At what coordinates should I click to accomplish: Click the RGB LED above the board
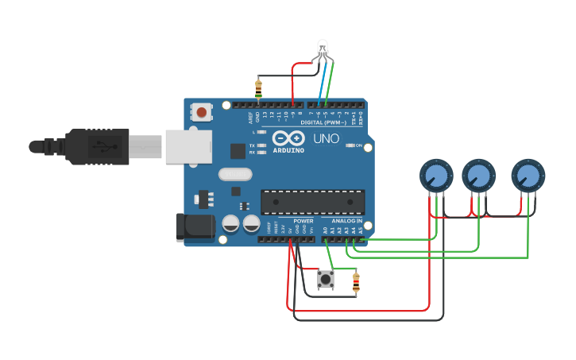[x=322, y=48]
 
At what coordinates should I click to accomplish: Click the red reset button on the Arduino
[x=202, y=113]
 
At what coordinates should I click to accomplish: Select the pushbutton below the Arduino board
[x=326, y=279]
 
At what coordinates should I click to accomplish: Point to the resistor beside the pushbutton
[x=355, y=281]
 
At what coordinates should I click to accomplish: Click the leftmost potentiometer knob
[x=435, y=175]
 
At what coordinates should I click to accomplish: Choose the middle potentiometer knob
[x=478, y=175]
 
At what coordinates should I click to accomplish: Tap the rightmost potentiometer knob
[x=528, y=175]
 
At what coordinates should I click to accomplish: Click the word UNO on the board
[x=327, y=139]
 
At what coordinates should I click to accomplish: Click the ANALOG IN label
[x=347, y=221]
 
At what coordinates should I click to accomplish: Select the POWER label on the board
[x=303, y=221]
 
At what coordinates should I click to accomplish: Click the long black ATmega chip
[x=312, y=202]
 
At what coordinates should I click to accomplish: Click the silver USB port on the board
[x=190, y=147]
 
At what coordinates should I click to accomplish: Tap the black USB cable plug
[x=95, y=147]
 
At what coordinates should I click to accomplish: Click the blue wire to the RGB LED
[x=320, y=83]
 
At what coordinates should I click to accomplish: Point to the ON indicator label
[x=359, y=145]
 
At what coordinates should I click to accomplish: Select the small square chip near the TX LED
[x=238, y=151]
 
